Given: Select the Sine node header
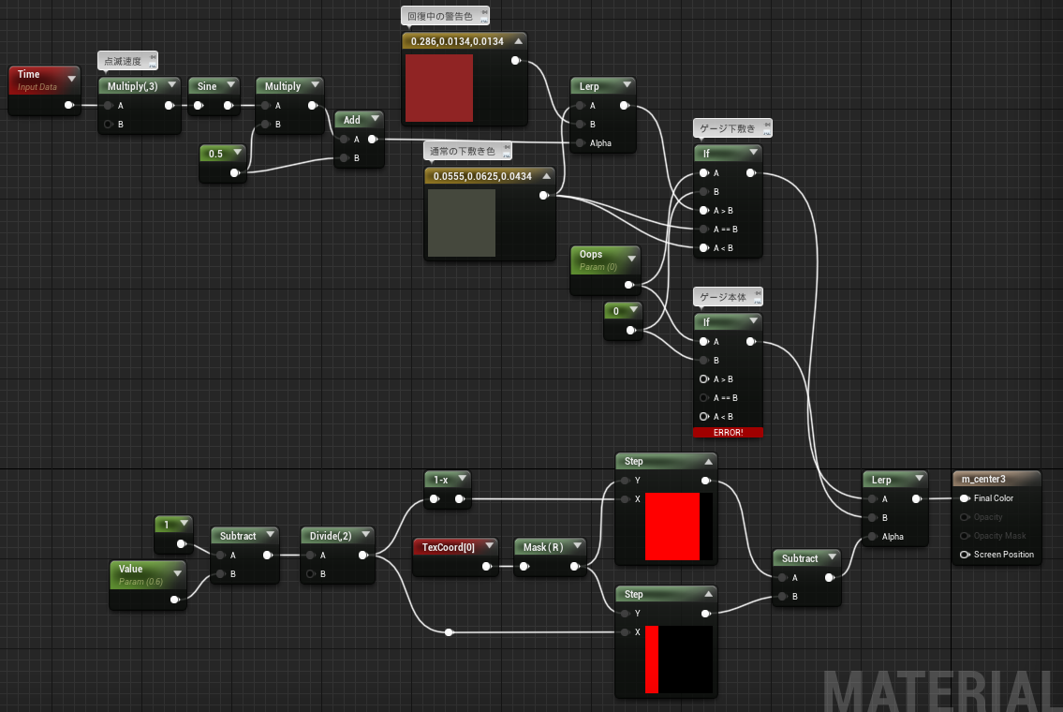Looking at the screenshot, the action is coord(214,86).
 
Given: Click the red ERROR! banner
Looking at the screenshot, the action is coord(728,432).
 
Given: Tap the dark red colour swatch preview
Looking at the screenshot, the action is coord(438,88).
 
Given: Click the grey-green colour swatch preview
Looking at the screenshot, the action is coord(462,223).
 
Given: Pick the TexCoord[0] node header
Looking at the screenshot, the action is coord(455,546).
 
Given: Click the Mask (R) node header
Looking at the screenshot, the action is coord(550,546).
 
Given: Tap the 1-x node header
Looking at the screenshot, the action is coord(448,480).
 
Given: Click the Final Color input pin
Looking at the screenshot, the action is coord(965,498).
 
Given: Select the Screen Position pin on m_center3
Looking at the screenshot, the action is coord(965,555).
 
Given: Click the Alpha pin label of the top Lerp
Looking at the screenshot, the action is coord(600,143).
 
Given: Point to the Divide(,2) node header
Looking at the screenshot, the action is coord(337,536).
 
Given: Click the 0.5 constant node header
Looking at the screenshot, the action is coord(222,154).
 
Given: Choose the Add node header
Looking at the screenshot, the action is coord(360,120).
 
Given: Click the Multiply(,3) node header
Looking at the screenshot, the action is coord(140,86).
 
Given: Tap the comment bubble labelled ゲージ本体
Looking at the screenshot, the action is coord(728,297).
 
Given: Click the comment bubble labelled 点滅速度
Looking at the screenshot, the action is coord(127,61).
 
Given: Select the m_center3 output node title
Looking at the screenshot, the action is coord(997,479).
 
